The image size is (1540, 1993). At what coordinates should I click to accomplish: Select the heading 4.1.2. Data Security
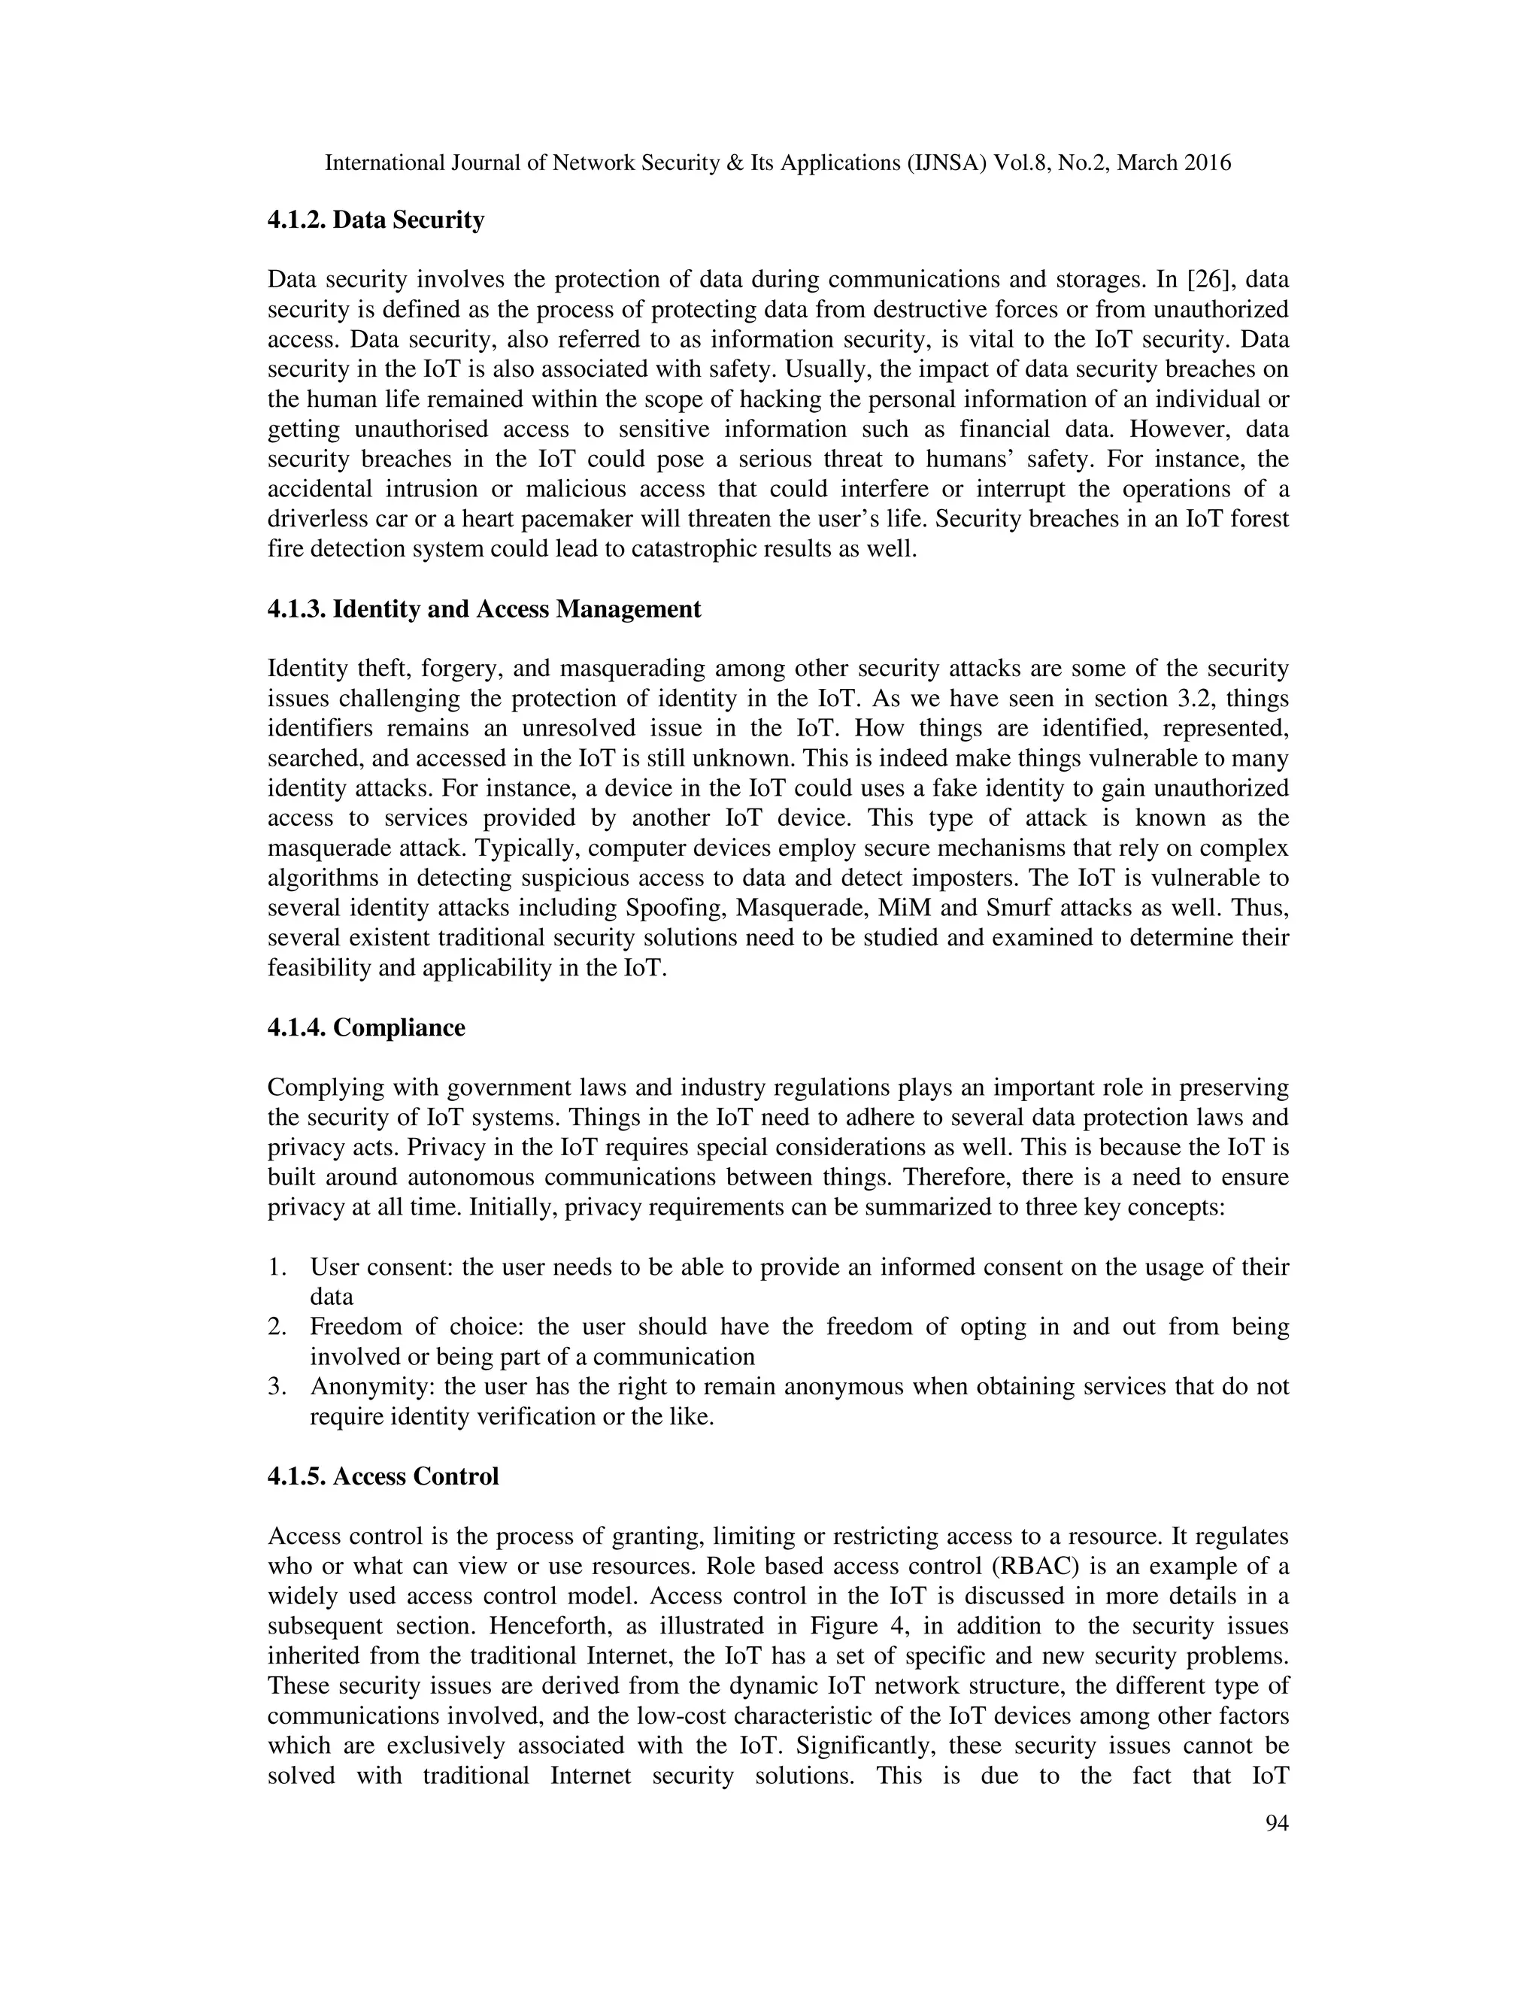point(375,220)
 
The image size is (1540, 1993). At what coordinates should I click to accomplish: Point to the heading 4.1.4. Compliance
point(366,1027)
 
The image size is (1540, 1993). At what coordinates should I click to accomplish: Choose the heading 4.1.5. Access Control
point(382,1476)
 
